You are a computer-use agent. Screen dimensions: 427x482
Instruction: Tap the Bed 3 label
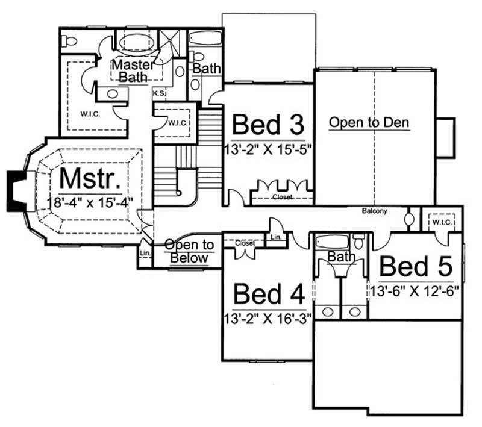[x=268, y=125]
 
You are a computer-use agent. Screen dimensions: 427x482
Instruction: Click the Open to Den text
[x=369, y=123]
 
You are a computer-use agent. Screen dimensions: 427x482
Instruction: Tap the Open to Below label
[x=189, y=252]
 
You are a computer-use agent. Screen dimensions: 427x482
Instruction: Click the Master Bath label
[x=136, y=70]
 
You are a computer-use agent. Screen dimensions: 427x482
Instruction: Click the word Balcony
[x=374, y=211]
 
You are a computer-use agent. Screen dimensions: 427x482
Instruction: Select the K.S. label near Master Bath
[x=159, y=93]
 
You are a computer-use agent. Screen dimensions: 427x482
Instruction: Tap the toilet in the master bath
[x=71, y=41]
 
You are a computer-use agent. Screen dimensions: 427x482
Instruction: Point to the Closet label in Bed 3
[x=282, y=197]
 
